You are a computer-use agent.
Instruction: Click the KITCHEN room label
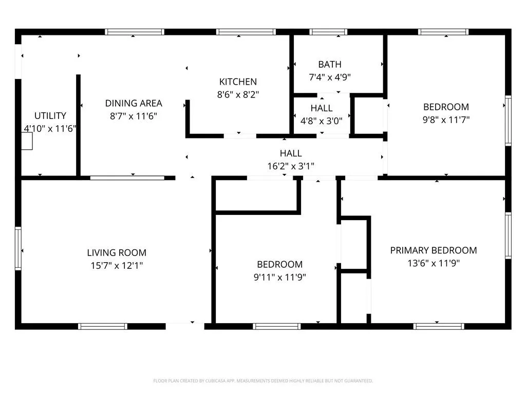[238, 82]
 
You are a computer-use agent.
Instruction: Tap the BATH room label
[330, 64]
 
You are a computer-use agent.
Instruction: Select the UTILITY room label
[50, 116]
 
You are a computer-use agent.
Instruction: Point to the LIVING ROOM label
[117, 252]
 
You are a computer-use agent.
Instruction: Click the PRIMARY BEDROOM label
[434, 250]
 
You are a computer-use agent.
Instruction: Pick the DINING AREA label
[134, 103]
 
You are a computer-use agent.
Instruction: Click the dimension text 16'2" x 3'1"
[291, 166]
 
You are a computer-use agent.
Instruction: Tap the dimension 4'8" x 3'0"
[322, 121]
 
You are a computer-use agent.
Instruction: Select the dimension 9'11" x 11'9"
[280, 278]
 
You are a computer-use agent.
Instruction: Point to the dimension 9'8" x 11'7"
[446, 120]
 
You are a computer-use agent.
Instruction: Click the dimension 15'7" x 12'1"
[117, 266]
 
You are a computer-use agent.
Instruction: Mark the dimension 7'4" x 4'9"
[330, 77]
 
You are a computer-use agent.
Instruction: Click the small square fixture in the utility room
[27, 141]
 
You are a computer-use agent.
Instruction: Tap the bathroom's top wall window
[328, 32]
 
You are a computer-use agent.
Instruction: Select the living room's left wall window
[18, 248]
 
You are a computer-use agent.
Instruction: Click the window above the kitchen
[246, 32]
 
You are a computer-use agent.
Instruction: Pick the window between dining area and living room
[127, 178]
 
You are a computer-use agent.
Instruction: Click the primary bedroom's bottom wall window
[439, 326]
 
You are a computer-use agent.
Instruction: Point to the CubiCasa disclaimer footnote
[263, 381]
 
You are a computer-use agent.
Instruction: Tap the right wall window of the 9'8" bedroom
[508, 121]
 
